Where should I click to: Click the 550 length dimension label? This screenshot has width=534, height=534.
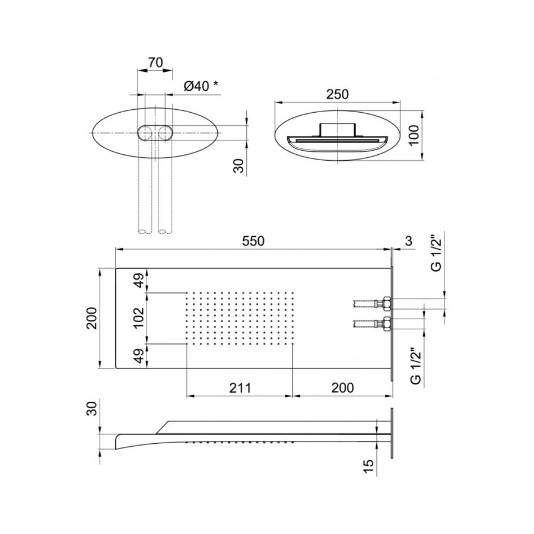tap(253, 241)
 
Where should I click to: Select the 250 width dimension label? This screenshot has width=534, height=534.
tap(338, 94)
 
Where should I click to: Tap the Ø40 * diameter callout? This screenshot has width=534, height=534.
tap(201, 86)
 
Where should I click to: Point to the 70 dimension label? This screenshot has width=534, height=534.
tap(155, 63)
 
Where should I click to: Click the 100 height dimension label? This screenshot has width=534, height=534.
tap(414, 135)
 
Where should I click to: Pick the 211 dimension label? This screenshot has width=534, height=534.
tap(240, 387)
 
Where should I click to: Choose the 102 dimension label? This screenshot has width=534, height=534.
tap(139, 318)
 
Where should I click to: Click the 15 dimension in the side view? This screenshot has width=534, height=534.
tap(368, 466)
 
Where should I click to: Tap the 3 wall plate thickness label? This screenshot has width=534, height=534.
tap(409, 241)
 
